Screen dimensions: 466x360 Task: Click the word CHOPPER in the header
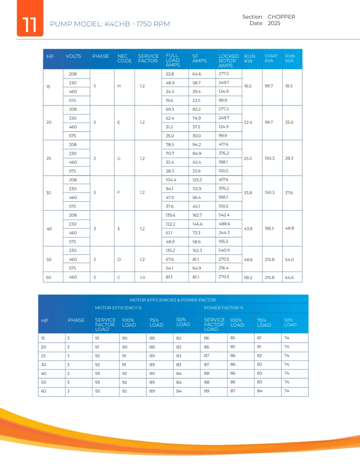(x=281, y=17)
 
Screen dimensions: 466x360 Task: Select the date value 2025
(x=274, y=23)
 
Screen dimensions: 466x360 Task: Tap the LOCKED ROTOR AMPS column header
(x=228, y=61)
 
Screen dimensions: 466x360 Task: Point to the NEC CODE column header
(x=124, y=59)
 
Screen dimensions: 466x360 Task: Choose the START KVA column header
(x=271, y=58)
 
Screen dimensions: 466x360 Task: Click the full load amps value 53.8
(x=170, y=74)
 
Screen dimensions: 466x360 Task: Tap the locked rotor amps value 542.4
(x=224, y=215)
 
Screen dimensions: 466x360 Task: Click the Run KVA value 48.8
(x=289, y=228)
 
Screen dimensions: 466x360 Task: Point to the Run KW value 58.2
(x=248, y=277)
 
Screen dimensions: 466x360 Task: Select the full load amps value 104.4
(x=171, y=180)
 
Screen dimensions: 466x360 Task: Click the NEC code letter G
(x=119, y=158)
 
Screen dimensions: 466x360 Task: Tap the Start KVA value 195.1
(x=269, y=228)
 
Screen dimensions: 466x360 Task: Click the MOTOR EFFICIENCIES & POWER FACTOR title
(x=173, y=300)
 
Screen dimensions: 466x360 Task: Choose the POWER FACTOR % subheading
(x=223, y=308)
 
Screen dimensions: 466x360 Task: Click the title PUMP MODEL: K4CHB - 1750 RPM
(x=109, y=24)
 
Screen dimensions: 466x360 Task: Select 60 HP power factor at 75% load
(x=259, y=391)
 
